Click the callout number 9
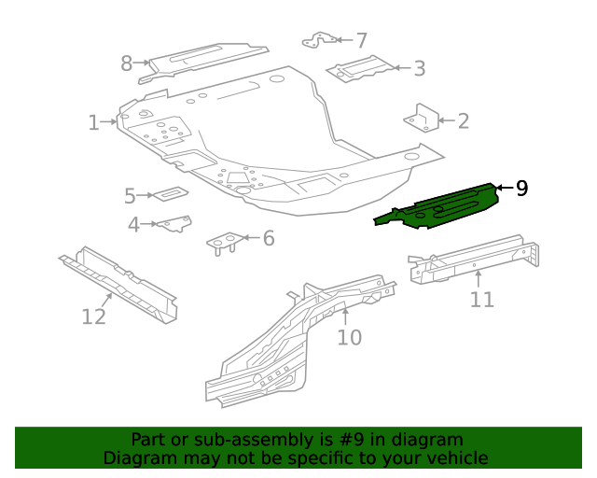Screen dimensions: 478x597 (x=522, y=189)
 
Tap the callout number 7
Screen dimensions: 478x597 (x=361, y=40)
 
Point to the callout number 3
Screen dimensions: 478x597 (x=420, y=68)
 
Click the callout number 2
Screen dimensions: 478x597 (x=464, y=120)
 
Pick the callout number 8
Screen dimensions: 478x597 (x=127, y=63)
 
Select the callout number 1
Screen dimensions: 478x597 (x=94, y=122)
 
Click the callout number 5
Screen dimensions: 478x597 (x=131, y=195)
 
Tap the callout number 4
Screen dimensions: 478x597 (x=134, y=224)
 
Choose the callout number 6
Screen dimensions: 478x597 (x=269, y=239)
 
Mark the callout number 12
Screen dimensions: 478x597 (x=94, y=316)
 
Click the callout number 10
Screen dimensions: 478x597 (x=349, y=336)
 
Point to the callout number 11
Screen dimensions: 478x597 (x=481, y=299)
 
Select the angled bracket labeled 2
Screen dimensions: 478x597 (x=421, y=119)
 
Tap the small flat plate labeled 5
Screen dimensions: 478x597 (x=170, y=193)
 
